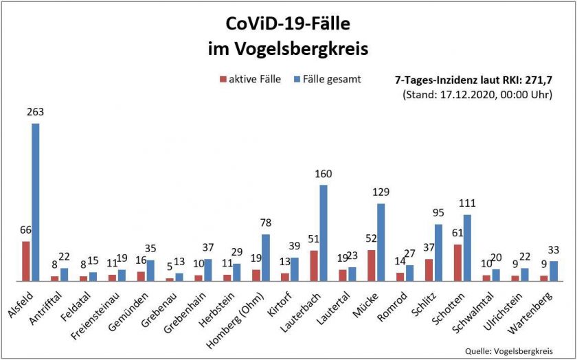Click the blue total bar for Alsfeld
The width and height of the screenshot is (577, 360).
(35, 202)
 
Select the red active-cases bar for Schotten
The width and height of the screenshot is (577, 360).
(457, 262)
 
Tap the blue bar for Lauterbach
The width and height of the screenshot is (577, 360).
(323, 233)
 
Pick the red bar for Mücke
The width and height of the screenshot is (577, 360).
(371, 265)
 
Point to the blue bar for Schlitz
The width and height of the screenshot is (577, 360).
(438, 252)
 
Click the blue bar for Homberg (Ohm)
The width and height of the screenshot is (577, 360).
(266, 258)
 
